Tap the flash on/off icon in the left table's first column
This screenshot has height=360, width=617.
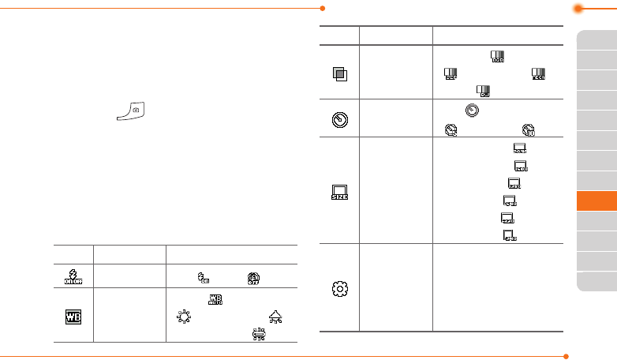pyautogui.click(x=73, y=275)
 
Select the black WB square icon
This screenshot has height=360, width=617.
pyautogui.click(x=73, y=314)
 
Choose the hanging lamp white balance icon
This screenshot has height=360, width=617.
pyautogui.click(x=275, y=316)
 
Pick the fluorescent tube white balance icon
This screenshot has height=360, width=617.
pyautogui.click(x=257, y=334)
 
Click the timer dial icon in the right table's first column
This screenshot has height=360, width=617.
pyautogui.click(x=339, y=120)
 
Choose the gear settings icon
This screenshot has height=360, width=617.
pyautogui.click(x=339, y=287)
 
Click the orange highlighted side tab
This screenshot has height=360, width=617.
pyautogui.click(x=596, y=201)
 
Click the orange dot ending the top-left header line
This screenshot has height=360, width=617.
pyautogui.click(x=323, y=9)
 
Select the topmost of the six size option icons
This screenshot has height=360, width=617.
pyautogui.click(x=520, y=149)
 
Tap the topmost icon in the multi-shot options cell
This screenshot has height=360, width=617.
pyautogui.click(x=497, y=57)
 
